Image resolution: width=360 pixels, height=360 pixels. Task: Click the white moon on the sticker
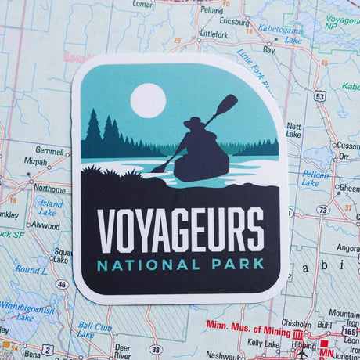tap(148, 100)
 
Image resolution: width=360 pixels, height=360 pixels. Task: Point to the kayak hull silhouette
tap(201, 166)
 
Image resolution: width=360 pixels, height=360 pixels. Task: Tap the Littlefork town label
tap(213, 34)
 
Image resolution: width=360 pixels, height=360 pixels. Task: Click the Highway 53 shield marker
tap(320, 95)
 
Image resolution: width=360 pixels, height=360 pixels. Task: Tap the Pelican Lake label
tap(315, 178)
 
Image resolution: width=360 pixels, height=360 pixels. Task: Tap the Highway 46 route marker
tap(60, 285)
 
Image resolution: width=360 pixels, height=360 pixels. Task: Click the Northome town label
tap(49, 189)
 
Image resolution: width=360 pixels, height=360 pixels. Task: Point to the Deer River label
tap(122, 349)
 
